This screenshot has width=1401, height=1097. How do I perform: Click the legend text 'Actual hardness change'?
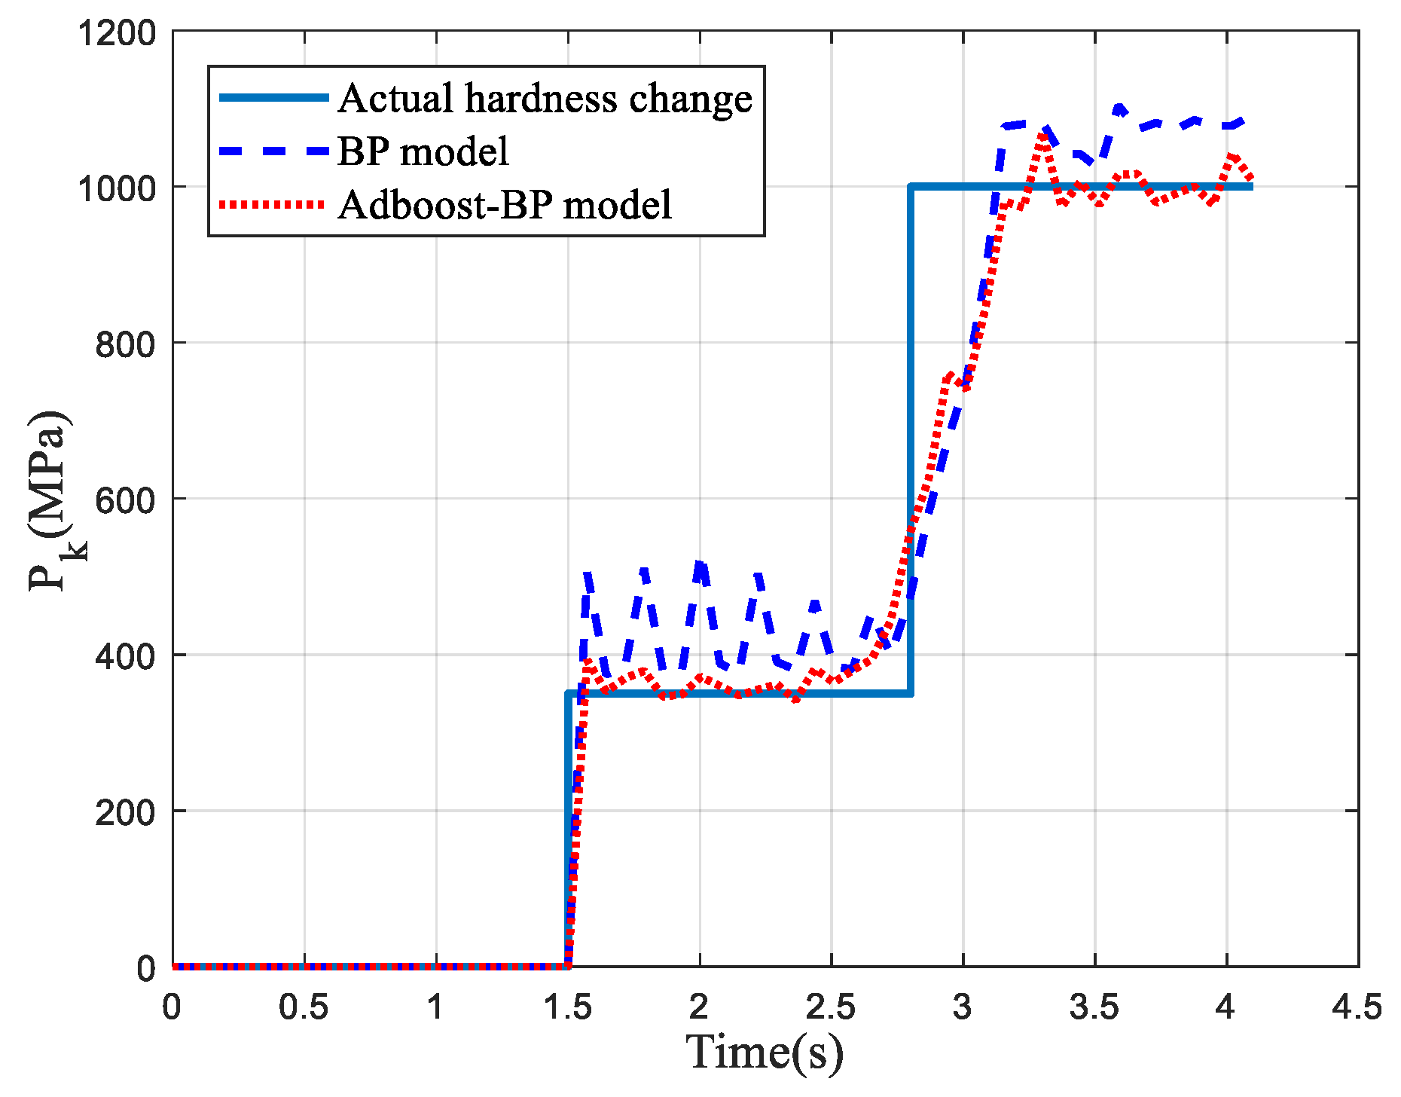click(x=545, y=99)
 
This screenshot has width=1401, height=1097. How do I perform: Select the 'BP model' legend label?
click(x=423, y=151)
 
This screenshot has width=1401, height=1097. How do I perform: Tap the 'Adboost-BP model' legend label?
click(x=505, y=205)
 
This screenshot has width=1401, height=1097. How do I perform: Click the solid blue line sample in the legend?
click(x=274, y=98)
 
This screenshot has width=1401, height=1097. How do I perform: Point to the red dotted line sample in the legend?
click(x=272, y=204)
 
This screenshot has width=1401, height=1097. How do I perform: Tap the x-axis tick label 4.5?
click(x=1357, y=1008)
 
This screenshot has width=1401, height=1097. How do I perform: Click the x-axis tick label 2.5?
click(x=831, y=1008)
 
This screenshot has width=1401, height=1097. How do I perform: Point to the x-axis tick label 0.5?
click(x=304, y=1008)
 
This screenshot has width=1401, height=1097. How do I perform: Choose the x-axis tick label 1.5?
click(x=567, y=1008)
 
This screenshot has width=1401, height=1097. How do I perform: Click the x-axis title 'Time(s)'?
click(x=765, y=1053)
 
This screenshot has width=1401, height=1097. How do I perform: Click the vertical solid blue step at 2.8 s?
click(x=911, y=440)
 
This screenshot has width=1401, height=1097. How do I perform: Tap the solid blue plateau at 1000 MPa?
click(x=1082, y=186)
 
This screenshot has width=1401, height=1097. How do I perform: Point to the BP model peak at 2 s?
click(x=700, y=564)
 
